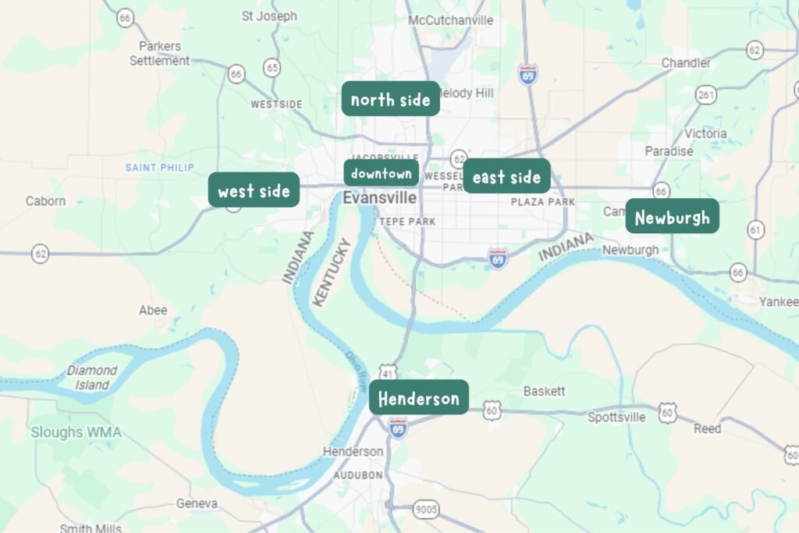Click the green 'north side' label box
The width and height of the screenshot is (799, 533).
click(x=390, y=99)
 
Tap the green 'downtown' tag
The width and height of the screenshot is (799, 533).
click(x=381, y=173)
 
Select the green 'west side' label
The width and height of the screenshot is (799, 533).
click(x=254, y=190)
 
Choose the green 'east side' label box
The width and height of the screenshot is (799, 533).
click(x=506, y=177)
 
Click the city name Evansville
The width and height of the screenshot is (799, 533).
click(x=379, y=198)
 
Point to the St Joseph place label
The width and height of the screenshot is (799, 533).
click(x=269, y=16)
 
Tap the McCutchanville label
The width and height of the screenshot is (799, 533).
click(x=451, y=20)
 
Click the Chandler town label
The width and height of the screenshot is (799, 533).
click(x=686, y=62)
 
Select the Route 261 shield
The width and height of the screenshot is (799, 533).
click(x=706, y=95)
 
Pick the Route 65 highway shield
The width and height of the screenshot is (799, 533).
click(x=272, y=68)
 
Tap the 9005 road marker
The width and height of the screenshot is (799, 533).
click(x=426, y=510)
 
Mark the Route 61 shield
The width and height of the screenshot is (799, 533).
click(x=755, y=229)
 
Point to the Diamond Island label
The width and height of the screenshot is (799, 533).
click(x=91, y=378)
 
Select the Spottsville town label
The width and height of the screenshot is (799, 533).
click(x=616, y=418)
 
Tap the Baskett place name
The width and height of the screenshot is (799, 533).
click(x=544, y=391)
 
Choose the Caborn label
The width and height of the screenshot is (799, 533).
click(x=45, y=201)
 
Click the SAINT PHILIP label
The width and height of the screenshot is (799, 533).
click(x=160, y=168)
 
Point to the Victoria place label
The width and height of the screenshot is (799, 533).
click(x=705, y=133)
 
